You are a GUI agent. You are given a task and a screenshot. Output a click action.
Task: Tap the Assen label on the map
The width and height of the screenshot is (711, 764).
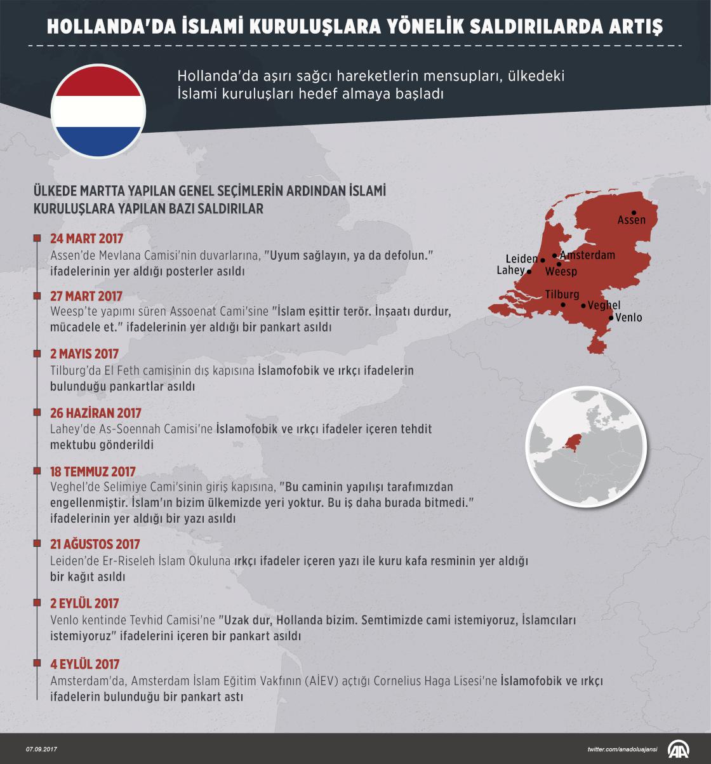(x=631, y=220)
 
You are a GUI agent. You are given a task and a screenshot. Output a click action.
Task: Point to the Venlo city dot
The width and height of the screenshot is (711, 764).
(x=611, y=317)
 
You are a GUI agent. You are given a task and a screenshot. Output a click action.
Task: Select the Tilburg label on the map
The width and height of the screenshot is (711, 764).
(x=562, y=295)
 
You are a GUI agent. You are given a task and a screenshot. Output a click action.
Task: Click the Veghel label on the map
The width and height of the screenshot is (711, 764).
(x=604, y=305)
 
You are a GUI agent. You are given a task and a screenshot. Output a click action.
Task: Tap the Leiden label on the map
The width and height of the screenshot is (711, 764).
(x=521, y=259)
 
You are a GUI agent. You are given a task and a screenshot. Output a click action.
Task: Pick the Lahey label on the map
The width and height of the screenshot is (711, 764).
(x=510, y=271)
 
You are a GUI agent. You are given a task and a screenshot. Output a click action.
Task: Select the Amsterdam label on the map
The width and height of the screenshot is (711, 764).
(x=587, y=255)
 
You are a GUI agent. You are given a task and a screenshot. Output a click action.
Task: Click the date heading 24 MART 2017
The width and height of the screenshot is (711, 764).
(x=86, y=239)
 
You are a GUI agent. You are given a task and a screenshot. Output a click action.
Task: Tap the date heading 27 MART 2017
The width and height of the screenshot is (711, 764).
(x=86, y=297)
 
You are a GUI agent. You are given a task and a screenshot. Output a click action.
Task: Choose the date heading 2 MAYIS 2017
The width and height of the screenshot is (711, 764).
(x=84, y=354)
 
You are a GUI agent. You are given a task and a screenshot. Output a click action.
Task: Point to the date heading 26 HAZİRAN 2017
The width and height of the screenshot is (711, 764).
(x=95, y=413)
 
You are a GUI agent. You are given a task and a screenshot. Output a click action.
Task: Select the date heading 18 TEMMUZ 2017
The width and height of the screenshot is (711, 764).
(x=93, y=472)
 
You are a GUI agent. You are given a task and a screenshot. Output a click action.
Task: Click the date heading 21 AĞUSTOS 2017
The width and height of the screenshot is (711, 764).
(x=95, y=544)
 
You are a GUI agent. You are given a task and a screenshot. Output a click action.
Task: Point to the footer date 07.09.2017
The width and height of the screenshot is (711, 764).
(x=41, y=750)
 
